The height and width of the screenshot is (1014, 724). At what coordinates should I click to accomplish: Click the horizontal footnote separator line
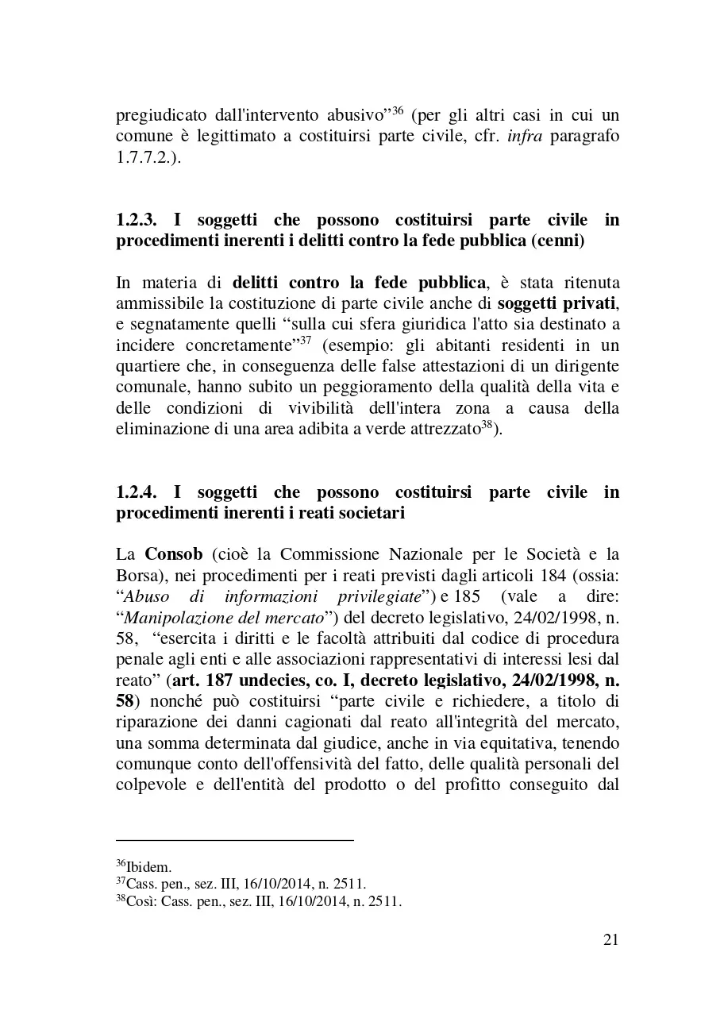pyautogui.click(x=234, y=839)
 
